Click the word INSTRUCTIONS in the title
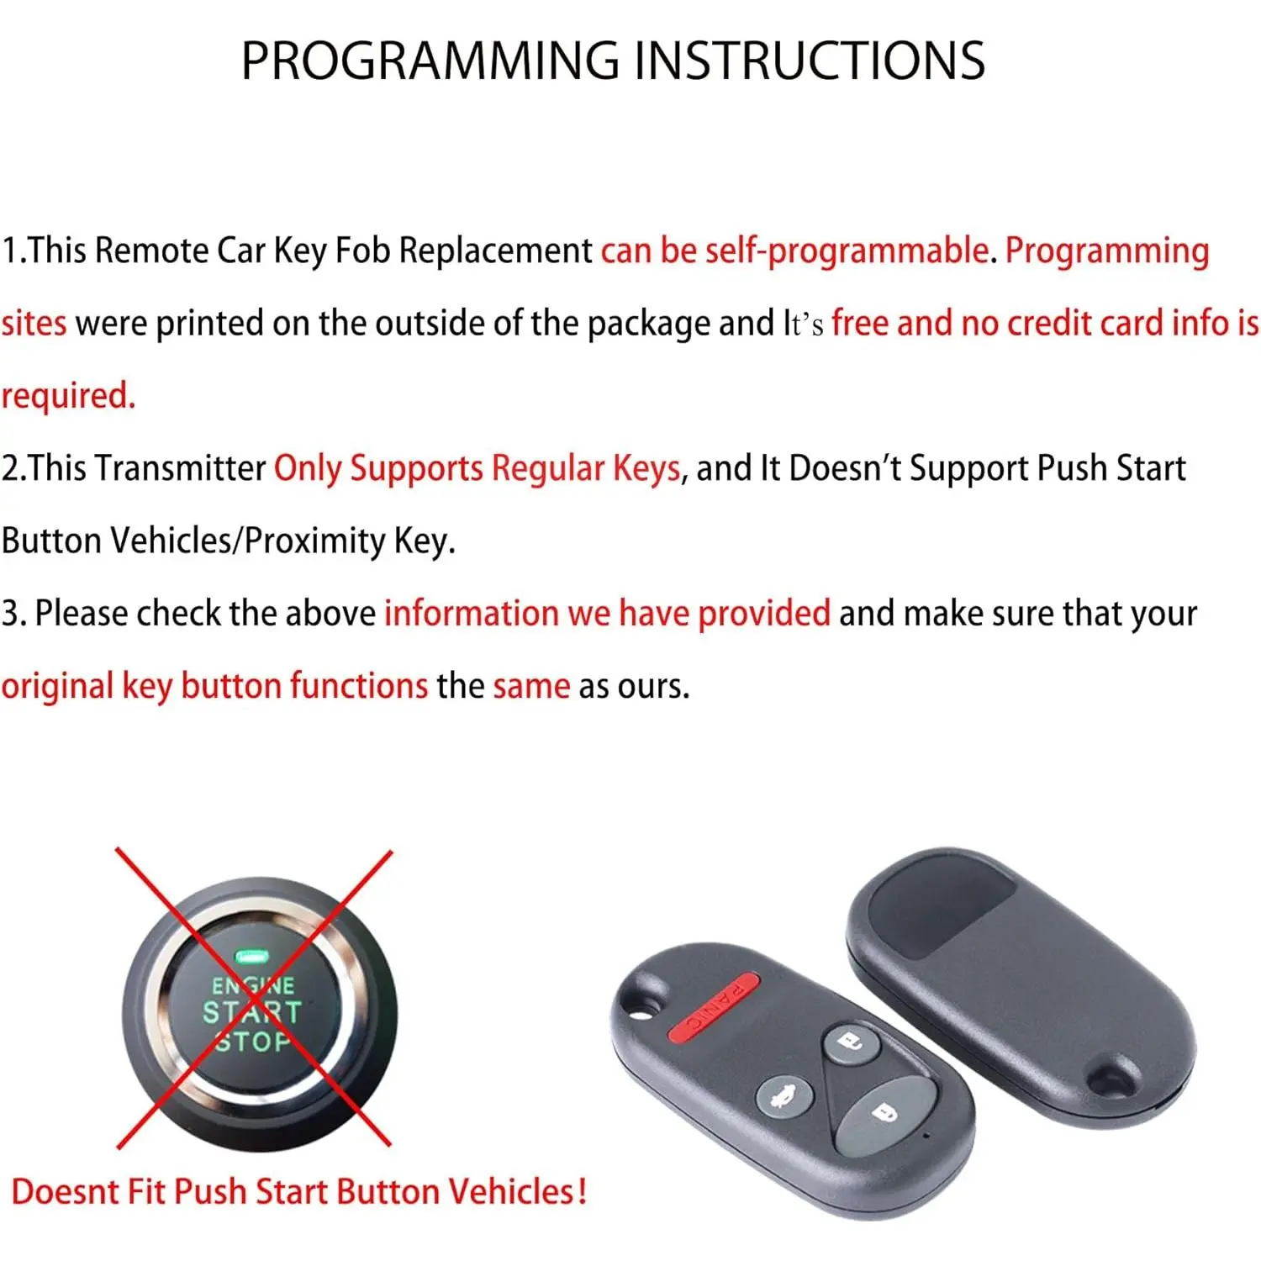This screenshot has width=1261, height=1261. tap(808, 61)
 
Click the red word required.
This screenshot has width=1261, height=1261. tap(68, 396)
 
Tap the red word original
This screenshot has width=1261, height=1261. tap(57, 687)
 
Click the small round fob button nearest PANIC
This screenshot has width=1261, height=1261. tap(851, 1045)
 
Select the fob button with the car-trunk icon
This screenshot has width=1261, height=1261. tap(784, 1098)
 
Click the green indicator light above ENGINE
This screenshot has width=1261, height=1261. tap(251, 957)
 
